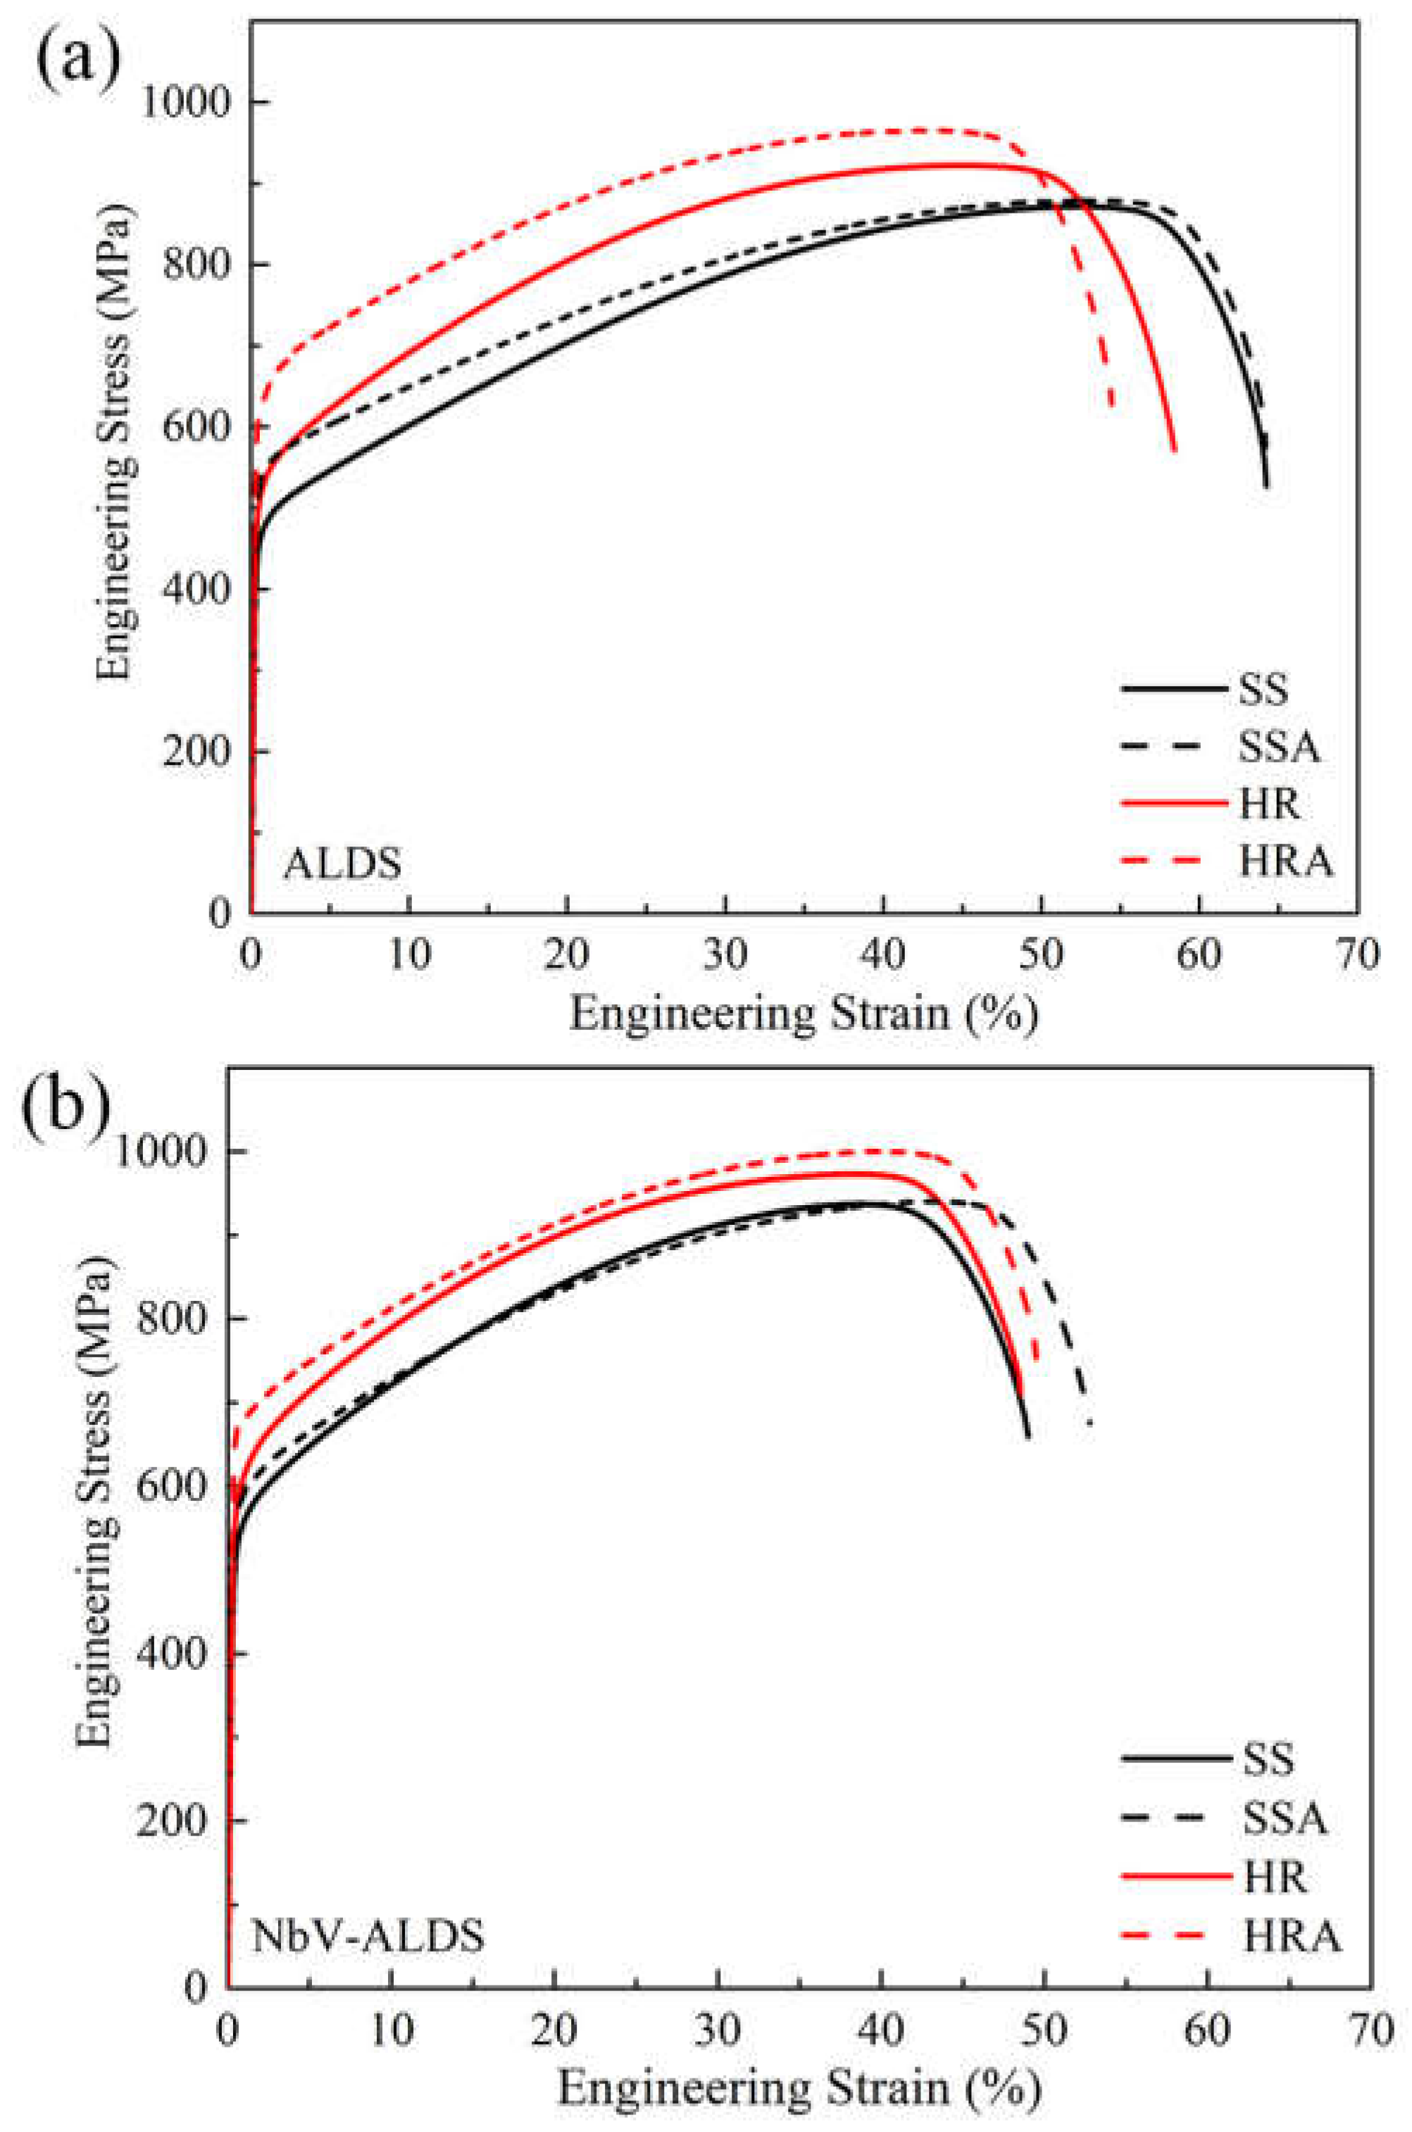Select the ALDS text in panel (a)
pos(343,864)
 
